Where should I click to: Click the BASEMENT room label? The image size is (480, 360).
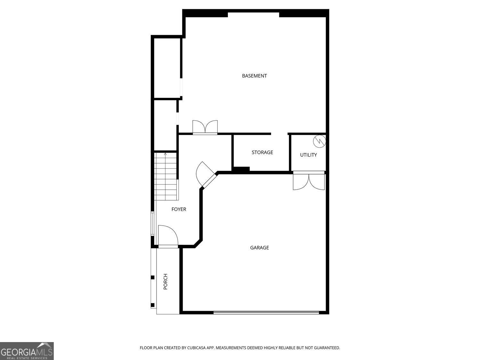254,76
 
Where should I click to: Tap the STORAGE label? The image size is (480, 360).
262,152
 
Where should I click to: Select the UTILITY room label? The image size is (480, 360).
308,155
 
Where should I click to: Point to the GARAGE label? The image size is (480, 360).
260,248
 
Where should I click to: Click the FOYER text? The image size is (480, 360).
179,209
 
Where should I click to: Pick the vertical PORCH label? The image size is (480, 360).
165,282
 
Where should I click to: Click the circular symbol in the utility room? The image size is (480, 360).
319,140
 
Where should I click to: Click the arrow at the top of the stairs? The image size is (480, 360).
165,155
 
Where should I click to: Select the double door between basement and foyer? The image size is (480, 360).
205,127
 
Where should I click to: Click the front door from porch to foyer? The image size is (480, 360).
168,236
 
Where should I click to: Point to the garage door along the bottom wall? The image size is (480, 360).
266,312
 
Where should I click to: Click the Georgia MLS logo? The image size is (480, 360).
27,351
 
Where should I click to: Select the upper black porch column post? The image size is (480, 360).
153,277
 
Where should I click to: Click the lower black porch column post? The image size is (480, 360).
153,305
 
